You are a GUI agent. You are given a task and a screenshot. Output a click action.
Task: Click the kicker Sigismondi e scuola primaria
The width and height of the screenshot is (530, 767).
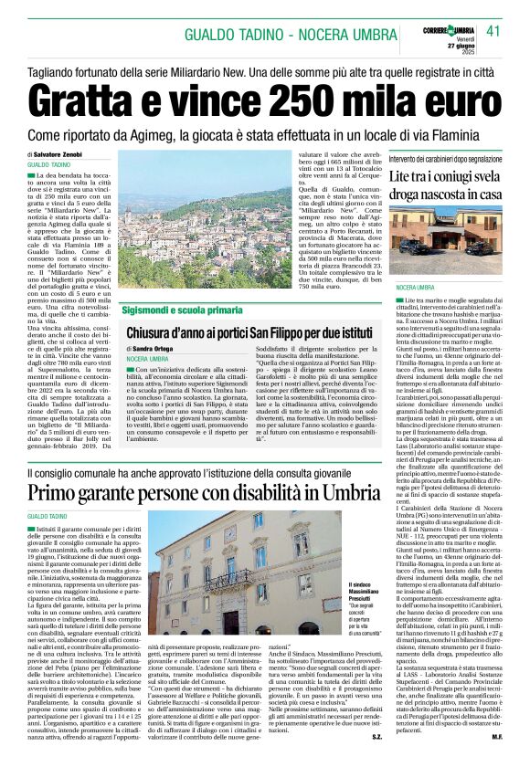click(x=188, y=310)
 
